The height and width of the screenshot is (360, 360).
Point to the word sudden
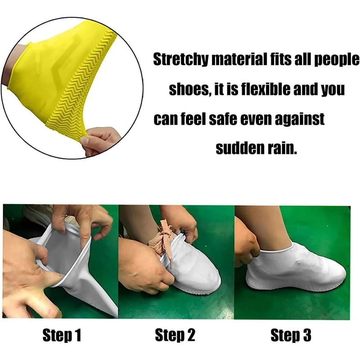(238, 148)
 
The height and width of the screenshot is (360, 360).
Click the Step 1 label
(62, 335)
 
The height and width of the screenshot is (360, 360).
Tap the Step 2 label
(175, 335)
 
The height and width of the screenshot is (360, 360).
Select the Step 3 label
(291, 335)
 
